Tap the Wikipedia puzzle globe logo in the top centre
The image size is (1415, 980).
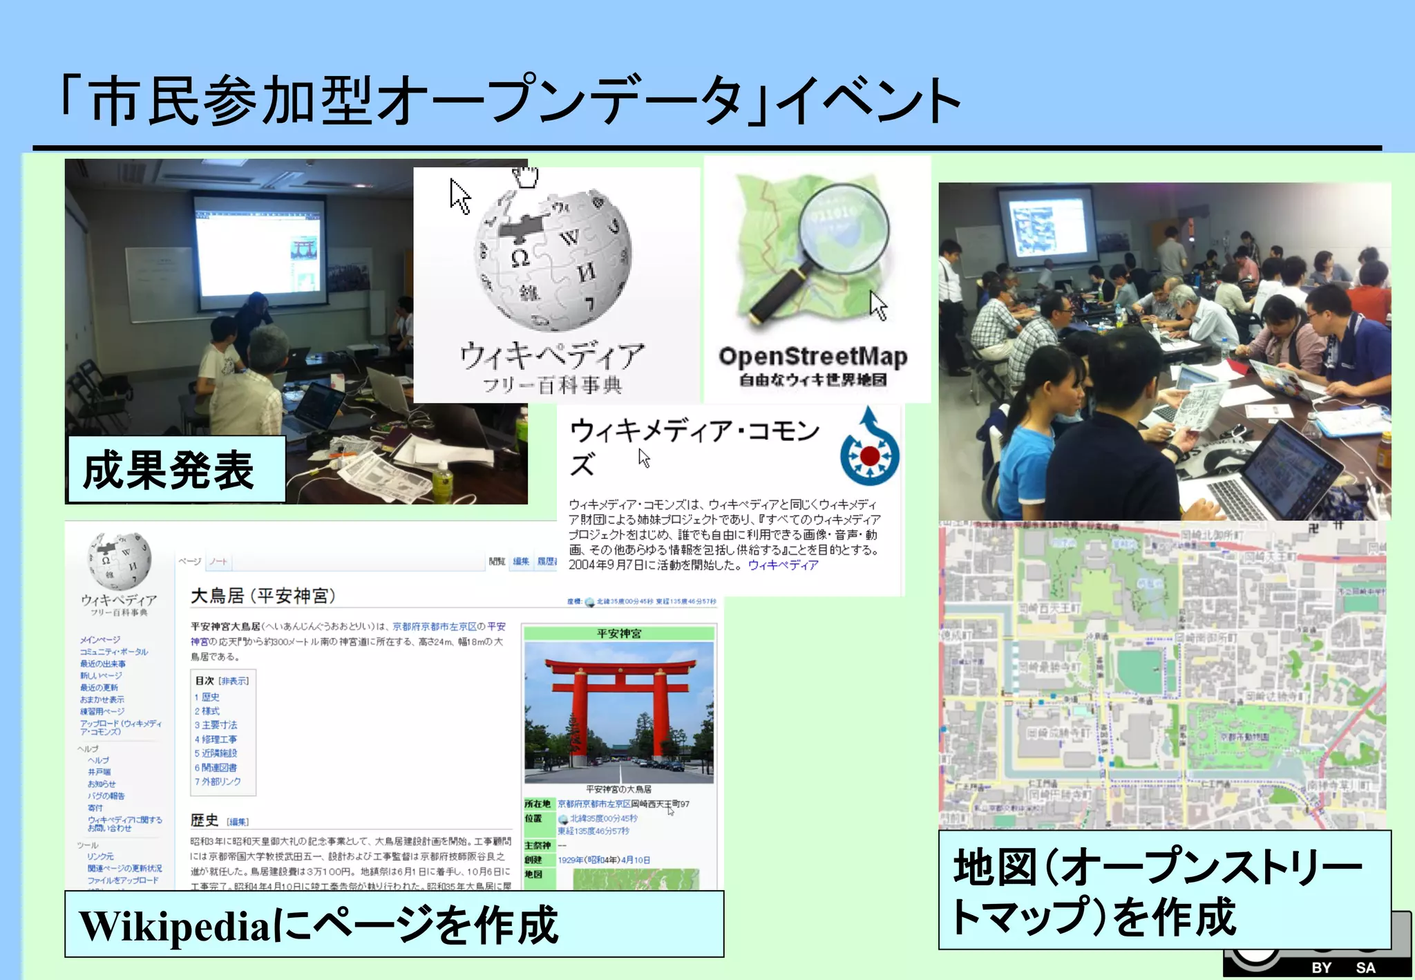tap(553, 260)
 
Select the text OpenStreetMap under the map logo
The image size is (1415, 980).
tap(813, 357)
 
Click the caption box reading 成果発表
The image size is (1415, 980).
tap(175, 470)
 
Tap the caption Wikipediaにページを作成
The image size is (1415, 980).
tap(394, 925)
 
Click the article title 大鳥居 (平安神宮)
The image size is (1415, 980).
tap(263, 596)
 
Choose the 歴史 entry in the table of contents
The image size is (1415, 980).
tap(210, 697)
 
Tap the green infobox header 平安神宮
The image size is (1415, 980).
tap(619, 633)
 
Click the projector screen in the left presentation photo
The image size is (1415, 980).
tap(258, 249)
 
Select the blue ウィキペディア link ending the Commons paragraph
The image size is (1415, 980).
tap(783, 565)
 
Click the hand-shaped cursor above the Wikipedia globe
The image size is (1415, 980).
tap(526, 177)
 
